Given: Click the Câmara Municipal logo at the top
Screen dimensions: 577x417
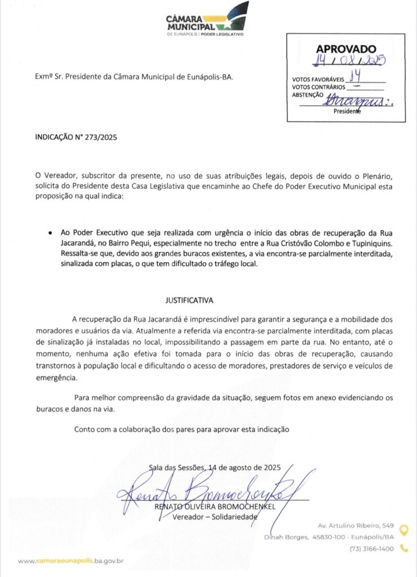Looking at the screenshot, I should [207, 20].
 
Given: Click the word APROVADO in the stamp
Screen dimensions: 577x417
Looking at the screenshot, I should [345, 50].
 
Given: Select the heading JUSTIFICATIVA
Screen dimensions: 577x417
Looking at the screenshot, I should [189, 300].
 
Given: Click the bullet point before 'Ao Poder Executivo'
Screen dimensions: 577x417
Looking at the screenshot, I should [51, 232].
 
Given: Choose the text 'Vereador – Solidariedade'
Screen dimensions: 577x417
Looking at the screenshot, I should [215, 517].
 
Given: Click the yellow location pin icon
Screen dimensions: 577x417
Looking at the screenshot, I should [403, 530].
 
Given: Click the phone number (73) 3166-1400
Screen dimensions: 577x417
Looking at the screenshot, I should [371, 549].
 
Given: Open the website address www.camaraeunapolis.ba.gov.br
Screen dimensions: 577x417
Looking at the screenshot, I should [71, 561].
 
